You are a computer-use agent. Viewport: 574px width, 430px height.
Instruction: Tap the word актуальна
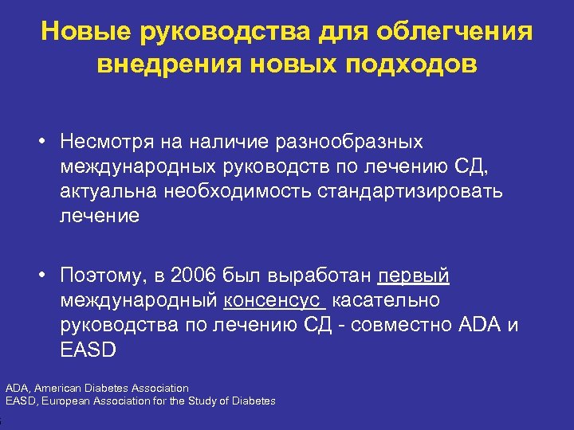coord(108,191)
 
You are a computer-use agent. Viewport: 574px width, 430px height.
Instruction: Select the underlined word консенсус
coord(274,301)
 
